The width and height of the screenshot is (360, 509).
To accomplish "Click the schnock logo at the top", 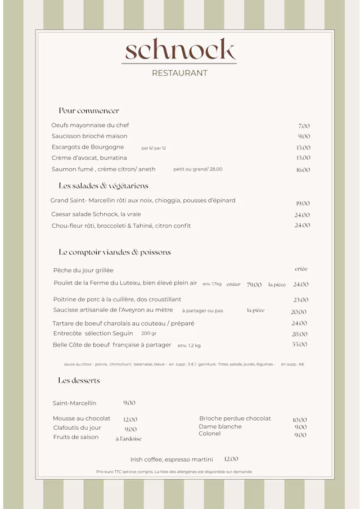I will [x=180, y=49].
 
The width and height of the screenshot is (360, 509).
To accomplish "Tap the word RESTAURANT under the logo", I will [x=179, y=73].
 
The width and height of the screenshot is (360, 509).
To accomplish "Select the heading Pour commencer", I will [x=89, y=111].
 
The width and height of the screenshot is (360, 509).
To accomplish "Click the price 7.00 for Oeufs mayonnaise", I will [x=304, y=126].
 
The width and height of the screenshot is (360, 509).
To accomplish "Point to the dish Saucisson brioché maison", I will [x=89, y=136].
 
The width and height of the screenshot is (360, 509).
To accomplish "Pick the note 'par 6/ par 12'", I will [x=154, y=148].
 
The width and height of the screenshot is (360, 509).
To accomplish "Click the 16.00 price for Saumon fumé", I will [x=303, y=170].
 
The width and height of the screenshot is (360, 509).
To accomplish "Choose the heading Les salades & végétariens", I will [x=103, y=186].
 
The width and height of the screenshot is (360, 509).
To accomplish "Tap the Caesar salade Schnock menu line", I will [x=96, y=214].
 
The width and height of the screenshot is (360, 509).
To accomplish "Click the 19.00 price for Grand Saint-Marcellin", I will [x=303, y=204].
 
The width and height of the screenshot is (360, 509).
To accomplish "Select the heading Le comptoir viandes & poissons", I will [x=115, y=253].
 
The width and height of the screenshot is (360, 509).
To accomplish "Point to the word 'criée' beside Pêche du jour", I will [x=301, y=269].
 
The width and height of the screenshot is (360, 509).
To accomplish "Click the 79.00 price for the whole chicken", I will [x=254, y=285].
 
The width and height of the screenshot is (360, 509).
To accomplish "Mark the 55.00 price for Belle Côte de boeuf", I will [x=299, y=344].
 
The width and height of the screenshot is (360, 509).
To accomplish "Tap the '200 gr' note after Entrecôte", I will [x=149, y=334].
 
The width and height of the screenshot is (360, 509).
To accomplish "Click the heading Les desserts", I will [x=79, y=381].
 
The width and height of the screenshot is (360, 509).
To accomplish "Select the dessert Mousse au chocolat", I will [x=82, y=418].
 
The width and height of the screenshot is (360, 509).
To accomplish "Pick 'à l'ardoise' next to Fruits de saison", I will [x=128, y=439].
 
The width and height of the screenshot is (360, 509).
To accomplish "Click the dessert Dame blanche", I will [x=220, y=426].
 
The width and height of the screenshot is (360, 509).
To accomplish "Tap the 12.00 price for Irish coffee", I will [x=231, y=459].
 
